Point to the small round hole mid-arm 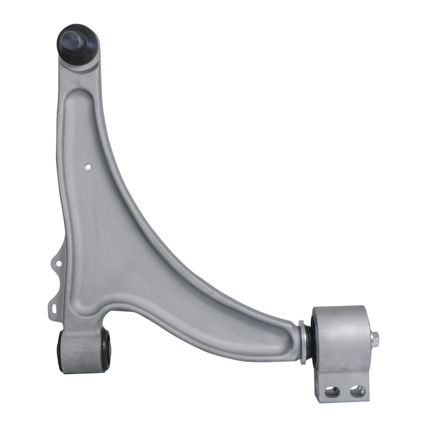point(88,166)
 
